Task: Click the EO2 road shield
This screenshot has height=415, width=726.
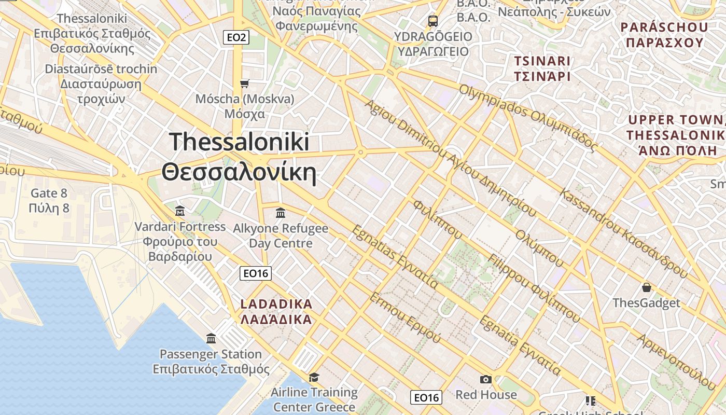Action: (236, 37)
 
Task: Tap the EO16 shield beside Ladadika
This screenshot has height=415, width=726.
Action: (256, 273)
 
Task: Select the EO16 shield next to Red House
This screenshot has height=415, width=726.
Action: (426, 397)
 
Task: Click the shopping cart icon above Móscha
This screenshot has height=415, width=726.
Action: (244, 84)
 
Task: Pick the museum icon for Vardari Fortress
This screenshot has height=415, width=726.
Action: (180, 211)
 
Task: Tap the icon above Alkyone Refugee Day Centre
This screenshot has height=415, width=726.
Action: (281, 213)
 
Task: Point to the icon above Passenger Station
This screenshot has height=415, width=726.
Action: (211, 339)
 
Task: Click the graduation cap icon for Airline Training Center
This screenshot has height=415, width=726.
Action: (314, 377)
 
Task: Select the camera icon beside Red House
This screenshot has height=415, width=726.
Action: (486, 379)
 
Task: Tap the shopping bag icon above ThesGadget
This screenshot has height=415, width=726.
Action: (646, 287)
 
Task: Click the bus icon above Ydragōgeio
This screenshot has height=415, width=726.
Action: (433, 21)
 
